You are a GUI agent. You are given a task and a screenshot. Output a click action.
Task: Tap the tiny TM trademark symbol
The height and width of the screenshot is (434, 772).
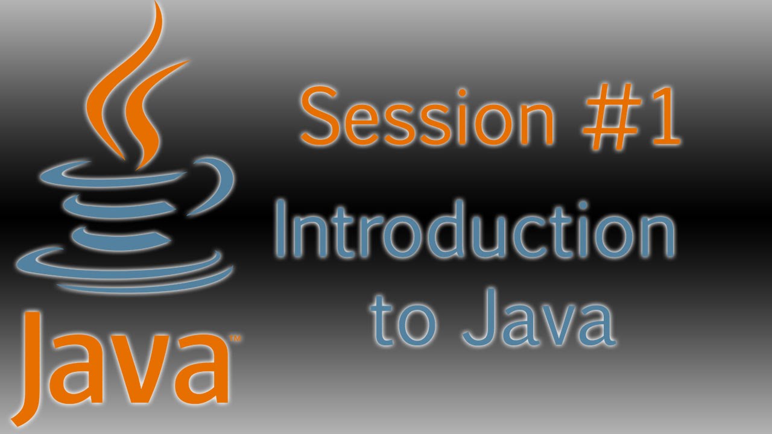236,340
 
